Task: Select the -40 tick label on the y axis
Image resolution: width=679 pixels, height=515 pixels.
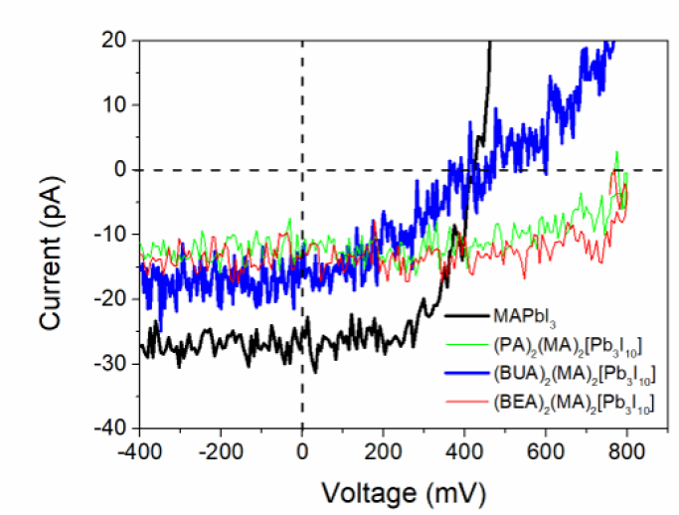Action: [111, 428]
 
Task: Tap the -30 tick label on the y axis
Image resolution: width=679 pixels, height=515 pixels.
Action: [111, 363]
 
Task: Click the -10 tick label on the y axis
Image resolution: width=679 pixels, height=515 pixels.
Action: [111, 234]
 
